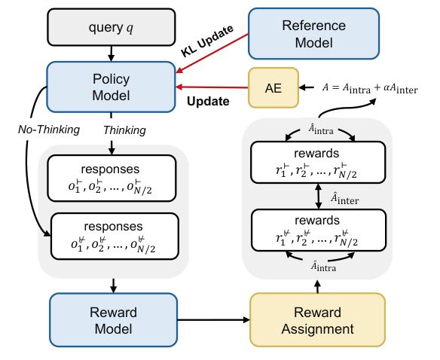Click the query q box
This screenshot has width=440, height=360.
pyautogui.click(x=112, y=29)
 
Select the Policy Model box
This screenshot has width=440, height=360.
pyautogui.click(x=111, y=87)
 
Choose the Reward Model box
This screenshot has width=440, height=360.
pyautogui.click(x=111, y=320)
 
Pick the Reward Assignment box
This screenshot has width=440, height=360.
pyautogui.click(x=316, y=320)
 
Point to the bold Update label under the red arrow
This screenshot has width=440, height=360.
pyautogui.click(x=208, y=99)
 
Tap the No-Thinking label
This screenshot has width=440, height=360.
pyautogui.click(x=47, y=129)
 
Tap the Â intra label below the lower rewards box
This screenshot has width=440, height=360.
pyautogui.click(x=316, y=264)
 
